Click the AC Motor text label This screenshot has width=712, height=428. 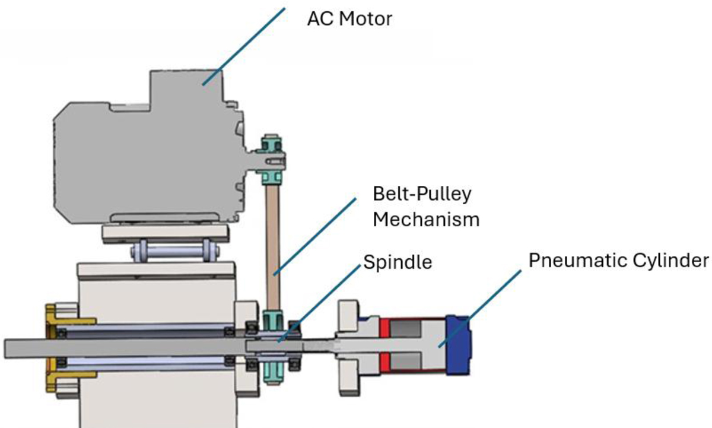click(x=349, y=19)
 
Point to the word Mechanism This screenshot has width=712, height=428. click(x=425, y=220)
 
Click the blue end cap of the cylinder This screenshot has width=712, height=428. click(x=459, y=345)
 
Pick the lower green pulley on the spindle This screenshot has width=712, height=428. click(x=274, y=344)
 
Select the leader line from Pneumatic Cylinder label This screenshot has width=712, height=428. click(x=481, y=306)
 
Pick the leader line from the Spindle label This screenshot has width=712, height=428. click(x=320, y=302)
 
